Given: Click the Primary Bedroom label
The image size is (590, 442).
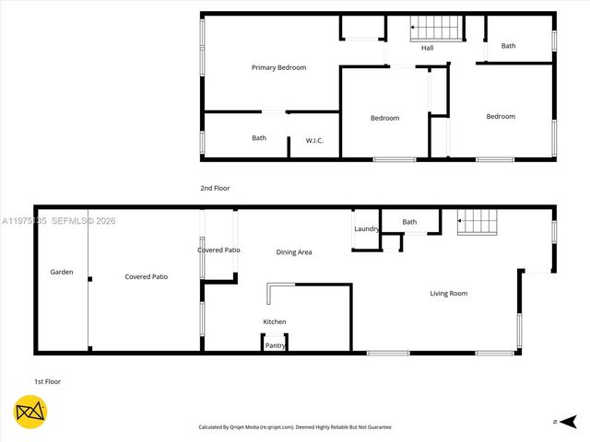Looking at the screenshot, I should pos(278,67).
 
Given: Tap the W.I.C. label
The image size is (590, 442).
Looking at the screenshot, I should pos(314,140).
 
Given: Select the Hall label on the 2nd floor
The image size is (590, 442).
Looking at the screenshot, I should pos(428,48).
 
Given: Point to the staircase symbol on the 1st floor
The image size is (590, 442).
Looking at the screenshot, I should pos(478,221).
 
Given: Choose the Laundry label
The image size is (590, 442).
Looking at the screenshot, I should pos(367,229).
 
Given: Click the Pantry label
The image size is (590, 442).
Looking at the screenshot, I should pos(275,345).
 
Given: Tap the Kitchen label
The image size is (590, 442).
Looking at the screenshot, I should pos(275,321).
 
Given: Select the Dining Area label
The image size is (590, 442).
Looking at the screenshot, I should pos(294,251).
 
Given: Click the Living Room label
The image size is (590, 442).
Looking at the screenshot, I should pos(449,294).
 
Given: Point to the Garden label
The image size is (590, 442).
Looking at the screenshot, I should pos(62,273).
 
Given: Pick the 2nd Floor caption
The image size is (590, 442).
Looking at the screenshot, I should pos(215,188).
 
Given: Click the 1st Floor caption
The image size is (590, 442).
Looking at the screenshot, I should pos(47,381).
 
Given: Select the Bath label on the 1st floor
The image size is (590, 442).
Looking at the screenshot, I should pos(409,222).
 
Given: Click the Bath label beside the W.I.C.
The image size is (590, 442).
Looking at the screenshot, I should pos(259,138).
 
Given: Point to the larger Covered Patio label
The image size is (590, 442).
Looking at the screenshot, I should pos(146,276).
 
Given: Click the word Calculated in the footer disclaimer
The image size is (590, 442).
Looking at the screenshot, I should pos(215,427).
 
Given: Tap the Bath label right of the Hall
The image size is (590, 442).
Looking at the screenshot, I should pos(509,46).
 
